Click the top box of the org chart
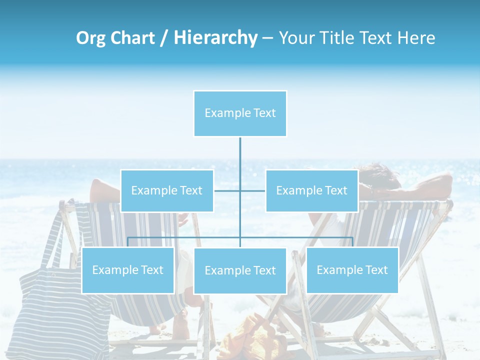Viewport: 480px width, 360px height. pyautogui.click(x=240, y=113)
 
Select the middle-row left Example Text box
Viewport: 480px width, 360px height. pyautogui.click(x=167, y=190)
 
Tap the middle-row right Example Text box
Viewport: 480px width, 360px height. pyautogui.click(x=311, y=190)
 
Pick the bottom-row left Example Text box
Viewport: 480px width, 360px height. pyautogui.click(x=128, y=270)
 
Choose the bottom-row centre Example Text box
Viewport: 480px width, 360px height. pyautogui.click(x=240, y=270)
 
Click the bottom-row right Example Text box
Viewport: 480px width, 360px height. pyautogui.click(x=352, y=270)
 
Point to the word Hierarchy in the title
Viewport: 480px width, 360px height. pyautogui.click(x=215, y=38)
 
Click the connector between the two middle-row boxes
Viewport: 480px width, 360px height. pyautogui.click(x=240, y=190)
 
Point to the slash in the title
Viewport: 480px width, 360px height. pyautogui.click(x=163, y=38)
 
